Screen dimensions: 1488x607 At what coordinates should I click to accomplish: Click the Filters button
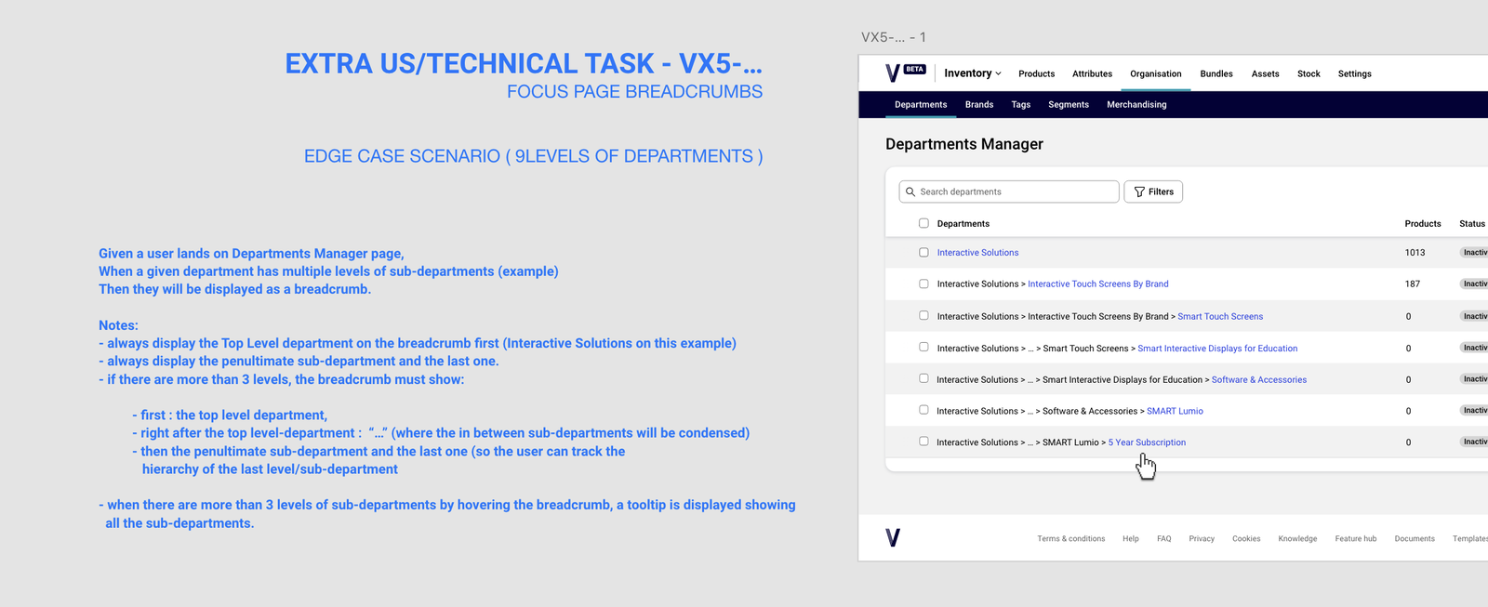pyautogui.click(x=1153, y=191)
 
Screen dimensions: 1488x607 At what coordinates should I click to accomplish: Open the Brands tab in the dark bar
pyautogui.click(x=979, y=104)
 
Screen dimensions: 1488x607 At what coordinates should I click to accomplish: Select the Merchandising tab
pyautogui.click(x=1136, y=104)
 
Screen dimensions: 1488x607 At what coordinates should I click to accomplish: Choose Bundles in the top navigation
pyautogui.click(x=1216, y=73)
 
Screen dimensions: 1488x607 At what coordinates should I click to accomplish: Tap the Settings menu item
pyautogui.click(x=1354, y=73)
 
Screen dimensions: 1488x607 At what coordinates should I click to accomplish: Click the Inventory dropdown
pyautogui.click(x=973, y=73)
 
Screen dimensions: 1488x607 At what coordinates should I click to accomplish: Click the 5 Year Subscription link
pyautogui.click(x=1147, y=442)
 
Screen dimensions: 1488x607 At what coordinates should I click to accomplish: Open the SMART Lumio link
pyautogui.click(x=1175, y=411)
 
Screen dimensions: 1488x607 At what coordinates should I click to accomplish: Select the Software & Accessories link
pyautogui.click(x=1259, y=380)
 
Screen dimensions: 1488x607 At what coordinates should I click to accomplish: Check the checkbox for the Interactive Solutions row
pyautogui.click(x=923, y=252)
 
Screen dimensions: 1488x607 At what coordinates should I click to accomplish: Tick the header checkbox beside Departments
pyautogui.click(x=923, y=223)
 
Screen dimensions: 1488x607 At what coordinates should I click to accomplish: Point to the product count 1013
pyautogui.click(x=1415, y=252)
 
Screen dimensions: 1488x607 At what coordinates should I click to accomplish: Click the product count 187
pyautogui.click(x=1413, y=284)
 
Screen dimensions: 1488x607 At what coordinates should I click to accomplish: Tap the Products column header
pyautogui.click(x=1423, y=224)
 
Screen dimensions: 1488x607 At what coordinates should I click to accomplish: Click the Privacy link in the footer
pyautogui.click(x=1202, y=538)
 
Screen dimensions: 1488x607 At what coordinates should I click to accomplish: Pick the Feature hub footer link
pyautogui.click(x=1356, y=538)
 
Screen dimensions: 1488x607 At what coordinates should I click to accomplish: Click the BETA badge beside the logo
pyautogui.click(x=915, y=69)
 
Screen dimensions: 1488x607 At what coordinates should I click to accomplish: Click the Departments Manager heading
pyautogui.click(x=963, y=144)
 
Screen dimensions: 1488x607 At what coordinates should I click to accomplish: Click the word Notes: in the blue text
pyautogui.click(x=118, y=325)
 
